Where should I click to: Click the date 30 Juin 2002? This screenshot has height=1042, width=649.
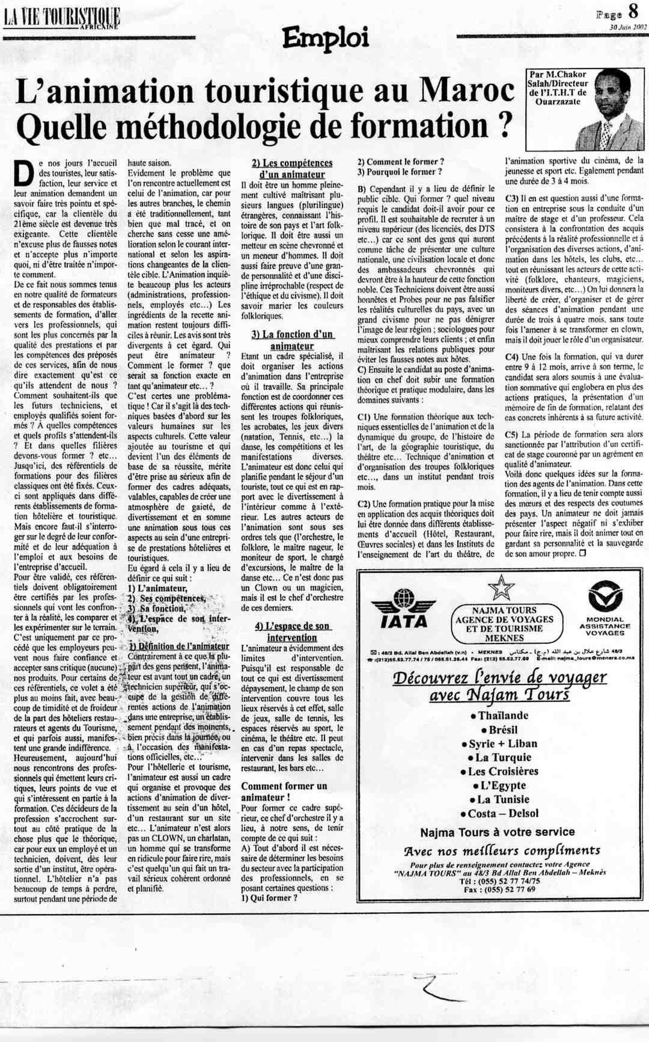point(627,27)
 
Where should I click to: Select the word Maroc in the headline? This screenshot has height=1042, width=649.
point(467,92)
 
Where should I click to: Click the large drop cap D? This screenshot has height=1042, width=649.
point(23,174)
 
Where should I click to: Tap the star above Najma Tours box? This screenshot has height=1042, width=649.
point(501,588)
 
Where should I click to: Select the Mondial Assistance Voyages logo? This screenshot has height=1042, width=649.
point(605,608)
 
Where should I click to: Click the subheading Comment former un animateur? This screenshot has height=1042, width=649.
point(284,791)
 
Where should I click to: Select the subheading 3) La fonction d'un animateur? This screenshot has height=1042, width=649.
point(291,340)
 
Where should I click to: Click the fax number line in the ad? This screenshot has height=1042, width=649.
point(499,889)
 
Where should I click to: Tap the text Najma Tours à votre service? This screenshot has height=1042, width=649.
point(498,832)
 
